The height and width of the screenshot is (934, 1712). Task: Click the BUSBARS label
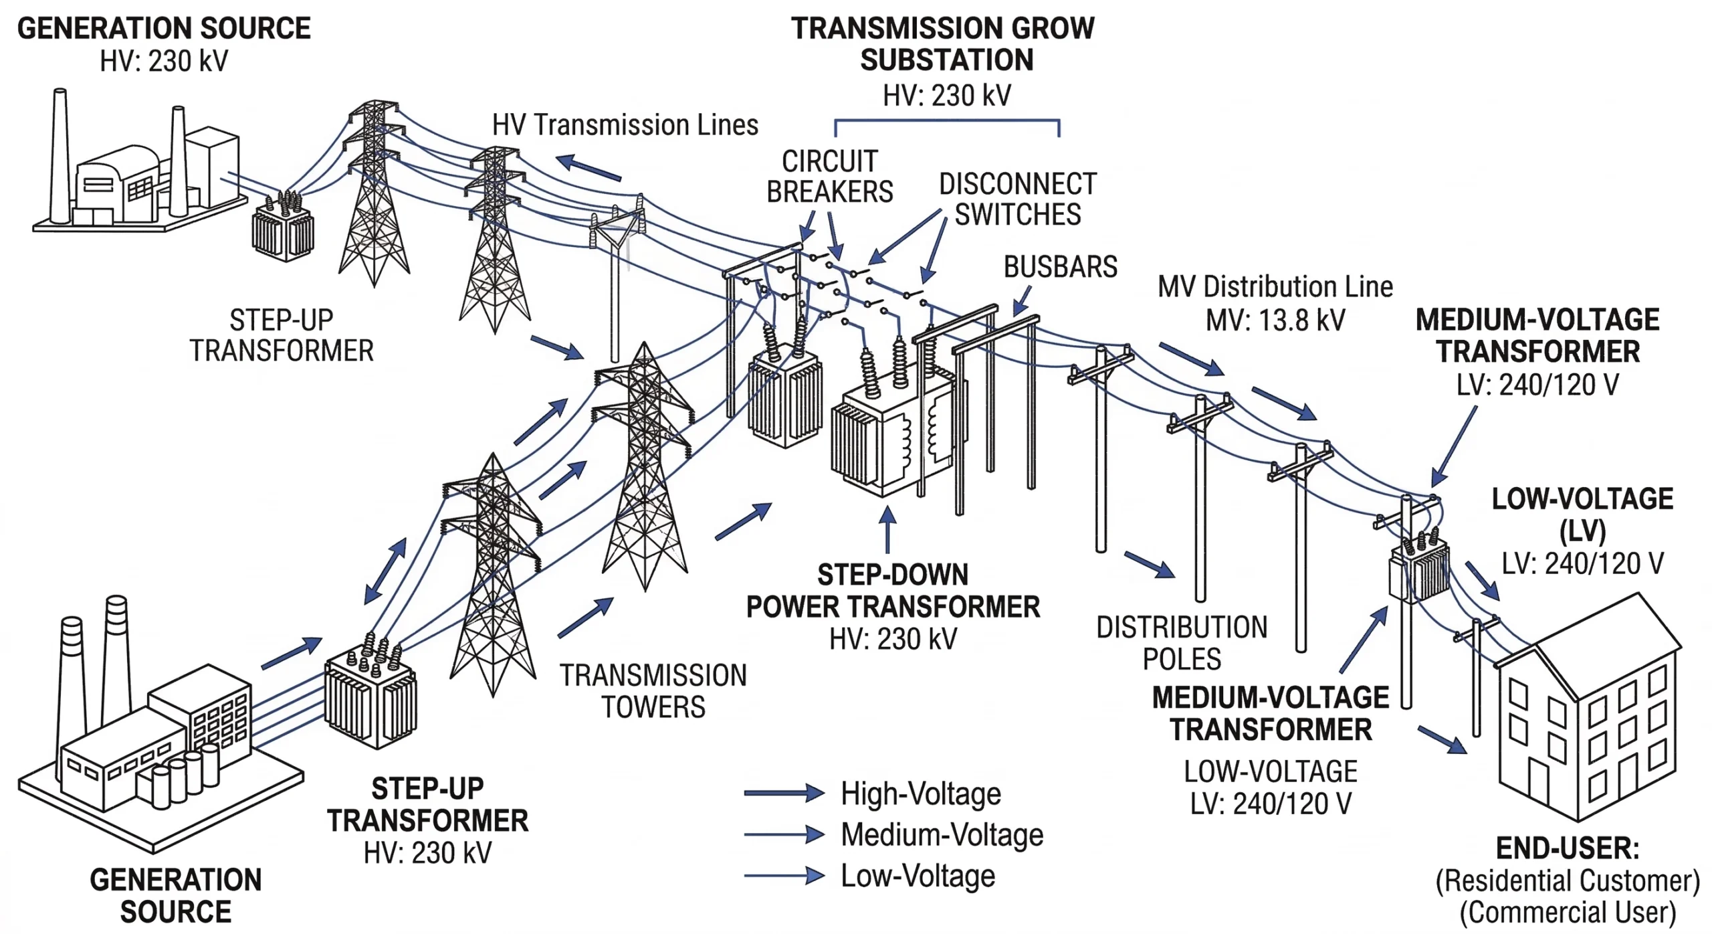coord(1060,267)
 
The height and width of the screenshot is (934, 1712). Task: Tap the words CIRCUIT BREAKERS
coord(829,177)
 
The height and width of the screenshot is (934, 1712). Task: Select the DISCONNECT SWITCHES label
coord(1017,199)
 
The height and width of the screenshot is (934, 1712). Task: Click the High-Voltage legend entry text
coord(921,793)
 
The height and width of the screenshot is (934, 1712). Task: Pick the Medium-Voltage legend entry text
coord(942,834)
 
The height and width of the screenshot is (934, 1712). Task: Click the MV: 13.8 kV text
coord(1275,320)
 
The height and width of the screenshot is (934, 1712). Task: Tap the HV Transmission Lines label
coord(625,125)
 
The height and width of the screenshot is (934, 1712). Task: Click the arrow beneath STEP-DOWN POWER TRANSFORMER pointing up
coord(887,529)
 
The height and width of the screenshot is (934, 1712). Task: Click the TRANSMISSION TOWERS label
coord(653,691)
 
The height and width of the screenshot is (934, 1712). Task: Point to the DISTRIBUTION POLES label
coord(1182,643)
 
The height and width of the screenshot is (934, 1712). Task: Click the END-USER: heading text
coord(1568,848)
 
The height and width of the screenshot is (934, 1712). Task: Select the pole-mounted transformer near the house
coord(1419,569)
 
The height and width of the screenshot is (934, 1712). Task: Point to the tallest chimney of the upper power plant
coord(60,154)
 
